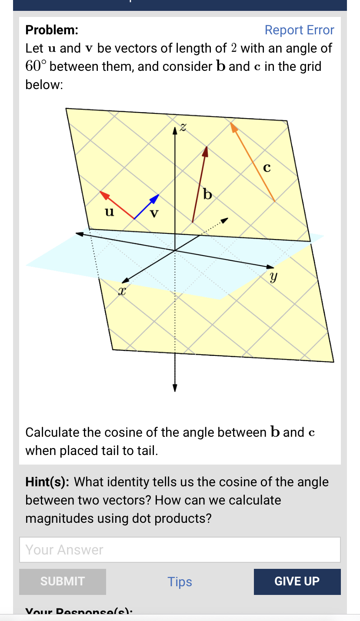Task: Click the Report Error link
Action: pyautogui.click(x=299, y=30)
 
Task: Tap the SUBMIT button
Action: pyautogui.click(x=63, y=581)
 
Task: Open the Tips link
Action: pyautogui.click(x=180, y=582)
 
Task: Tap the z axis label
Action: pyautogui.click(x=183, y=127)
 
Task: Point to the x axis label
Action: pyautogui.click(x=123, y=291)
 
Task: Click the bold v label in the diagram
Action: pyautogui.click(x=154, y=213)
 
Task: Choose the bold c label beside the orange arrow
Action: pyautogui.click(x=267, y=167)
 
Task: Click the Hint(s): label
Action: pyautogui.click(x=48, y=482)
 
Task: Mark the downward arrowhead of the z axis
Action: pyautogui.click(x=175, y=388)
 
